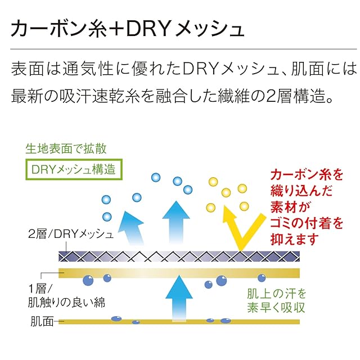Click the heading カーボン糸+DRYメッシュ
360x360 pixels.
point(127,29)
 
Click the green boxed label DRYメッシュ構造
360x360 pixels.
point(74,169)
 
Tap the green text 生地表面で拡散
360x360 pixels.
point(66,148)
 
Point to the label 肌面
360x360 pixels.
point(42,321)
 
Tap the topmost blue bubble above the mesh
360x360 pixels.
point(156,178)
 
